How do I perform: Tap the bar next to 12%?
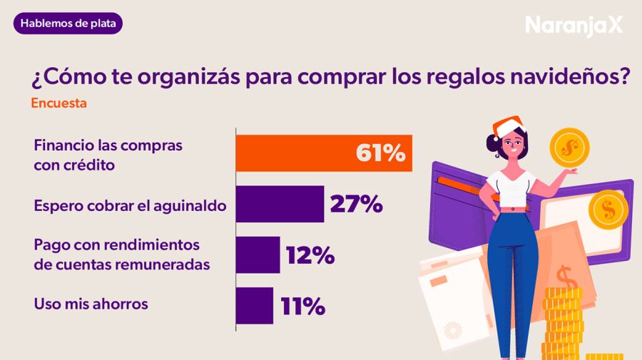pos(258,254)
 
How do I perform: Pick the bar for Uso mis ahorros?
pos(254,305)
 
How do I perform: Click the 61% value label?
pos(380,153)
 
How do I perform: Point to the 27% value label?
pos(356,205)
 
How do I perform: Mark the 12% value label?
pos(310,255)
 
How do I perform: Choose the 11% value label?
pos(302,306)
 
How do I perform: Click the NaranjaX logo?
pos(574,26)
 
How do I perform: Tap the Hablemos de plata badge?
pos(68,24)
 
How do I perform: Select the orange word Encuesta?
pos(58,103)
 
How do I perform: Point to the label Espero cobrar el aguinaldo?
pos(130,205)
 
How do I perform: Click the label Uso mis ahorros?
pos(91,304)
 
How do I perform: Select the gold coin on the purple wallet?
pos(608,210)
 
